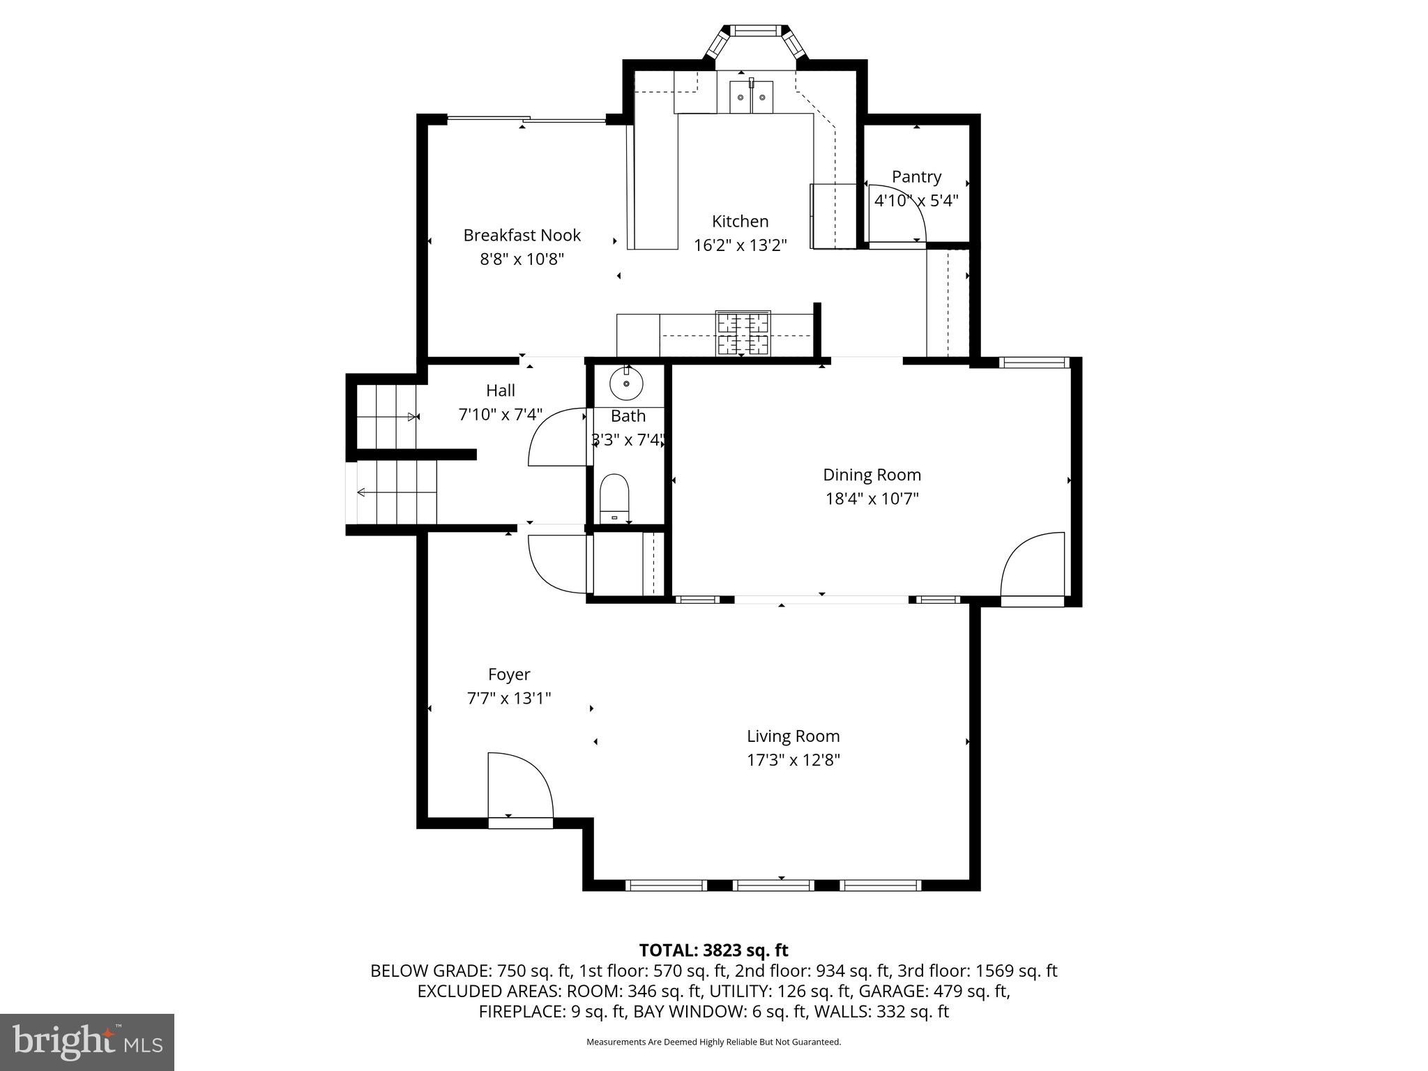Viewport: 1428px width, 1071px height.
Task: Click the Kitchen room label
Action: (740, 222)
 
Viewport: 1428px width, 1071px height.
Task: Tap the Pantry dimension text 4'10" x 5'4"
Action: (916, 201)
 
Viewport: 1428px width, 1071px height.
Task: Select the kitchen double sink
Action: (751, 97)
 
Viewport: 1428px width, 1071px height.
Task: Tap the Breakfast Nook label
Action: (522, 235)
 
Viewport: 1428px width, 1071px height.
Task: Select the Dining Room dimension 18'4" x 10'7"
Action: (872, 499)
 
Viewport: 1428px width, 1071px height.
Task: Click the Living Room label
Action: (793, 736)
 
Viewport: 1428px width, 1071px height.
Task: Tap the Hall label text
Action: (501, 390)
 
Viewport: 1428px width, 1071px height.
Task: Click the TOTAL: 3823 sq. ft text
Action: (713, 950)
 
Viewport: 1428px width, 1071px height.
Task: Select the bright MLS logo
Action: (87, 1042)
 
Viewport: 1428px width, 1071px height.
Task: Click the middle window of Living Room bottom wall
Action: (774, 886)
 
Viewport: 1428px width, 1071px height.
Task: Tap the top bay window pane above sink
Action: (756, 31)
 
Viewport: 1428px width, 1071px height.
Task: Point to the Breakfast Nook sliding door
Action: (526, 121)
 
